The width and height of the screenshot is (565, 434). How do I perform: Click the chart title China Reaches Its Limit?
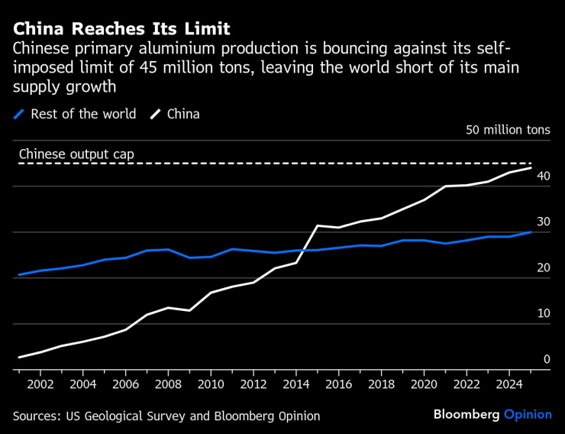[121, 29]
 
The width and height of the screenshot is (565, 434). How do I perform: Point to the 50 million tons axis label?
[508, 130]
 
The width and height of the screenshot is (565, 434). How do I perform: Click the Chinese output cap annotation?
[76, 154]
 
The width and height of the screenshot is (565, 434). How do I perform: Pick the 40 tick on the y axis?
[543, 176]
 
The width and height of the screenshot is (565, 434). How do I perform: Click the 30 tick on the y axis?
[543, 222]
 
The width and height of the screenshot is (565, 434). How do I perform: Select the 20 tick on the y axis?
[543, 267]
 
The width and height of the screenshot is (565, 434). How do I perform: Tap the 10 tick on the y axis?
[543, 313]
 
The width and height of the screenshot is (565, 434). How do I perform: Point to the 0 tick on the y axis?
[547, 359]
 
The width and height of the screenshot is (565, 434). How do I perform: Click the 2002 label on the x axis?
[40, 384]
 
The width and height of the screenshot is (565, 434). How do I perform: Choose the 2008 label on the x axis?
[168, 384]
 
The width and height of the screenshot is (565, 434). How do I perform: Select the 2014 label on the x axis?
[296, 384]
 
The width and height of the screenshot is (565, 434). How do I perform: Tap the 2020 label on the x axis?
[425, 384]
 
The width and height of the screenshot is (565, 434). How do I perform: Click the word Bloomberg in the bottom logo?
[467, 414]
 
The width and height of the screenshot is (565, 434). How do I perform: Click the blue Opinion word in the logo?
[528, 414]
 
